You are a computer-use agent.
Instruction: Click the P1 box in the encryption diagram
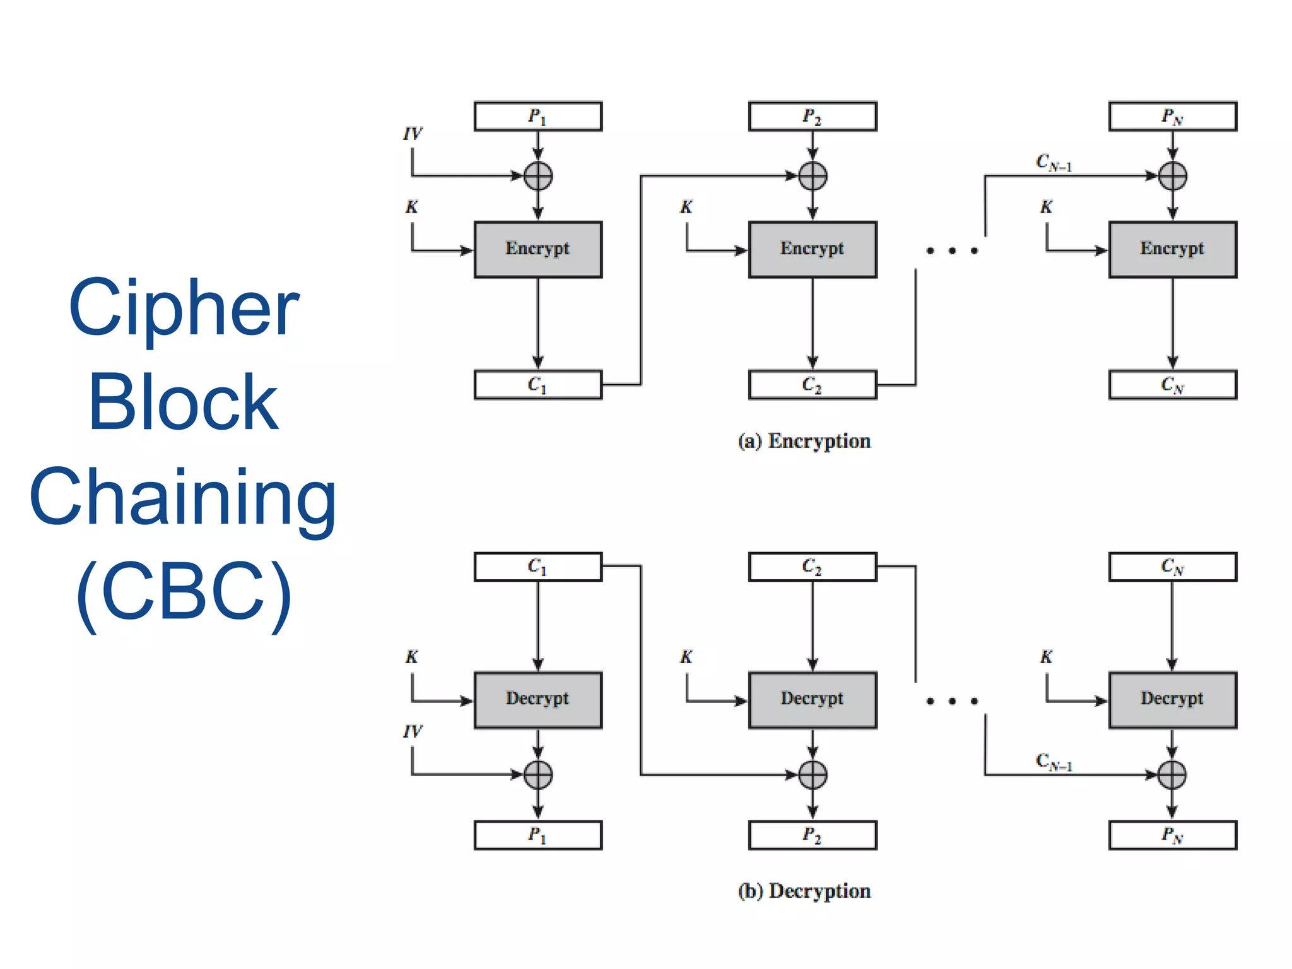click(x=537, y=117)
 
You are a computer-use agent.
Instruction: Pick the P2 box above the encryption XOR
click(x=813, y=117)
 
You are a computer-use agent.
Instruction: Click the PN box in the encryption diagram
click(x=1172, y=117)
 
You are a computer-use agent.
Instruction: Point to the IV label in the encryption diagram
click(x=413, y=134)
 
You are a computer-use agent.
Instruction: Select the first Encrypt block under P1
click(x=537, y=249)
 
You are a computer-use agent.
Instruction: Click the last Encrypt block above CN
click(x=1172, y=249)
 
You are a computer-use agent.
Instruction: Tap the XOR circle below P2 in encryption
click(x=813, y=176)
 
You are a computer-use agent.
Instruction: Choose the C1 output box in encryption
click(x=537, y=385)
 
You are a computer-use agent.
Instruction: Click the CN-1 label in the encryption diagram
click(x=1054, y=163)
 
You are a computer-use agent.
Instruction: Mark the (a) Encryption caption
click(x=804, y=441)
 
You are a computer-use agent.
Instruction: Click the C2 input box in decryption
click(x=813, y=567)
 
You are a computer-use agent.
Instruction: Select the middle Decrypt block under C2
click(x=813, y=700)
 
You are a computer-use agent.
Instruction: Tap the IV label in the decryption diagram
click(x=413, y=732)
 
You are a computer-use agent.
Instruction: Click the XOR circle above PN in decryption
click(x=1172, y=775)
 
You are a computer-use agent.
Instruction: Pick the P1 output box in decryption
click(x=537, y=835)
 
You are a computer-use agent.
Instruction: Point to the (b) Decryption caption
click(x=804, y=891)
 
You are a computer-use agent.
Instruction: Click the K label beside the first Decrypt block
click(x=411, y=657)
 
